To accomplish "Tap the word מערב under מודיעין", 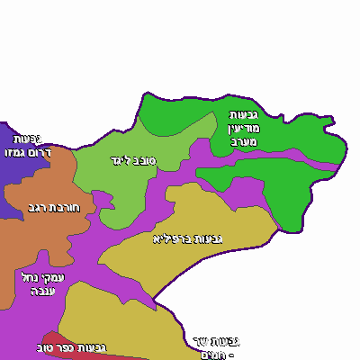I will pyautogui.click(x=244, y=141).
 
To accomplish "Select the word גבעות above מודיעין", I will pyautogui.click(x=245, y=114).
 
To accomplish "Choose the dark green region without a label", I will pyautogui.click(x=288, y=193).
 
